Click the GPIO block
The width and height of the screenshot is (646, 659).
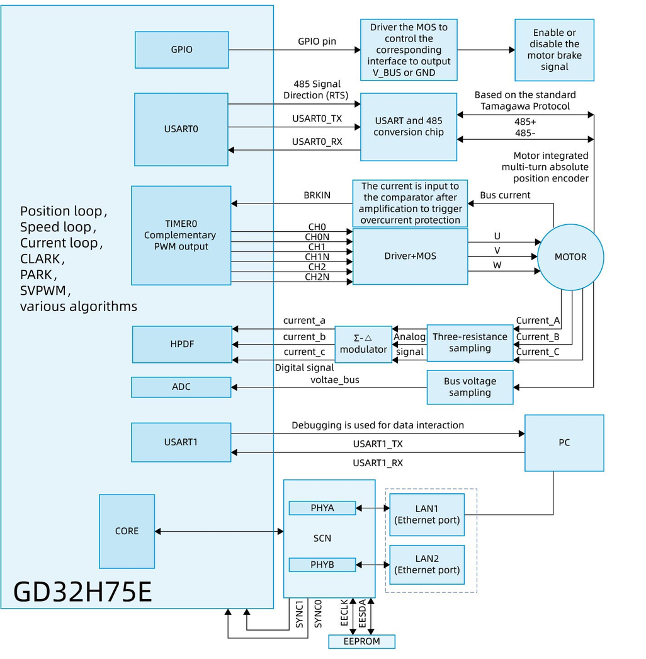pyautogui.click(x=181, y=50)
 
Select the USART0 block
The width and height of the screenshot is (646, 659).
pyautogui.click(x=181, y=129)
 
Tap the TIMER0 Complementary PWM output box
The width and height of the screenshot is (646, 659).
pyautogui.click(x=181, y=235)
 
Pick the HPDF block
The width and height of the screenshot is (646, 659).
pyautogui.click(x=182, y=344)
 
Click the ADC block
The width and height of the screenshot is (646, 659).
pyautogui.click(x=181, y=387)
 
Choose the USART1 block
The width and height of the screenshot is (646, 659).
pyautogui.click(x=181, y=442)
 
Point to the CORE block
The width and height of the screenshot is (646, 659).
pyautogui.click(x=127, y=531)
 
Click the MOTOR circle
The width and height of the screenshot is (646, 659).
pyautogui.click(x=570, y=257)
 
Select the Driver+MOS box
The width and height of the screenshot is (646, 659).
pyautogui.click(x=410, y=256)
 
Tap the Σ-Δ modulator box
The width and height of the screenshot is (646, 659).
pyautogui.click(x=363, y=344)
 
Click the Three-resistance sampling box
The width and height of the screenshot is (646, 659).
pyautogui.click(x=470, y=343)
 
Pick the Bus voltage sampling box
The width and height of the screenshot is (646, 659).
pyautogui.click(x=470, y=387)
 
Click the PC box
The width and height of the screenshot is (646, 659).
pyautogui.click(x=564, y=442)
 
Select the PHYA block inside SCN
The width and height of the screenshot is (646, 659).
pyautogui.click(x=322, y=508)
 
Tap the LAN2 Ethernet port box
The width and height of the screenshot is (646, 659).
pyautogui.click(x=427, y=564)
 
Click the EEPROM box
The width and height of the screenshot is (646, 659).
pyautogui.click(x=362, y=641)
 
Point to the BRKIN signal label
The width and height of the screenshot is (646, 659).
pyautogui.click(x=317, y=196)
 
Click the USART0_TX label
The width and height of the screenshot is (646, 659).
pyautogui.click(x=317, y=118)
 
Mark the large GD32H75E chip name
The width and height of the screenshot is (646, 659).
pyautogui.click(x=82, y=592)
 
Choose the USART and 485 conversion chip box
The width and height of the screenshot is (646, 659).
pyautogui.click(x=408, y=127)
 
